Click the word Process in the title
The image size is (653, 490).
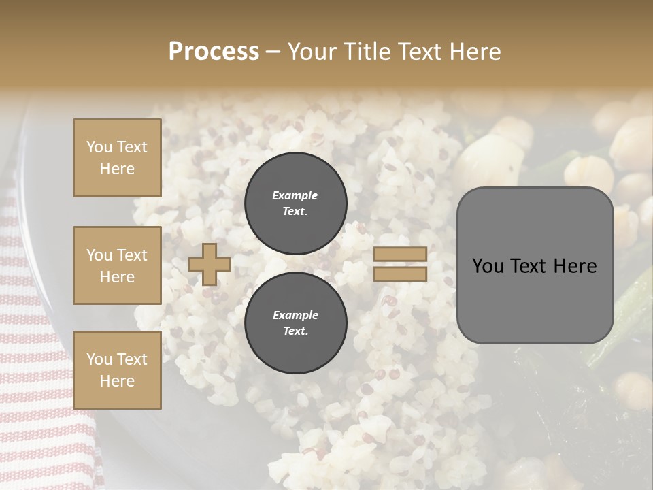pyautogui.click(x=214, y=52)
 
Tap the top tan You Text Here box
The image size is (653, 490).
pyautogui.click(x=117, y=158)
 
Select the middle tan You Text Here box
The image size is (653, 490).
pyautogui.click(x=117, y=265)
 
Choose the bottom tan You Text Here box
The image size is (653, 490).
pyautogui.click(x=117, y=370)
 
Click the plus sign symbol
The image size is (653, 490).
pyautogui.click(x=210, y=264)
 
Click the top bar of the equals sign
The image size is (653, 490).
pyautogui.click(x=400, y=254)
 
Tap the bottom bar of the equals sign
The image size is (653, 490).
pyautogui.click(x=400, y=274)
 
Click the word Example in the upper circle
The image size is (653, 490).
pyautogui.click(x=295, y=195)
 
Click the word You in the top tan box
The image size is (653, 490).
pyautogui.click(x=99, y=147)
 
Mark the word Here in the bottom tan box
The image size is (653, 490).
pyautogui.click(x=117, y=381)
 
